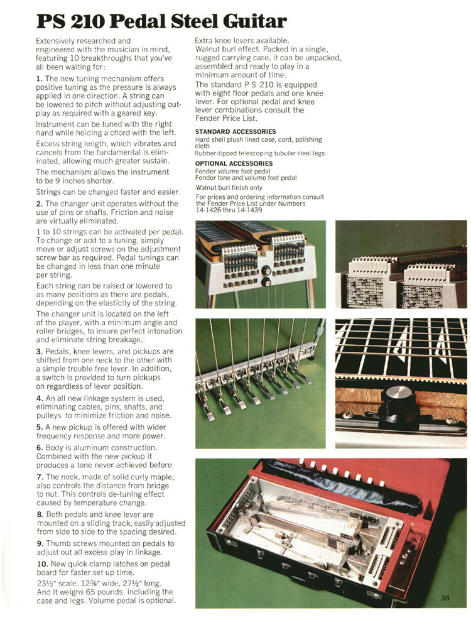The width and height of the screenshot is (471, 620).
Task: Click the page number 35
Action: [445, 597]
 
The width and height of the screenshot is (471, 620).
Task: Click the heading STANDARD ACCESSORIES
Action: [227, 131]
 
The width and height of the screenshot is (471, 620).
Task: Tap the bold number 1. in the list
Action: [39, 78]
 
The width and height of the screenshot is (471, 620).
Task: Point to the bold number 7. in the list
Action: [39, 477]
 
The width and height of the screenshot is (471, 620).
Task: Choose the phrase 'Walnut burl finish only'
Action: [229, 187]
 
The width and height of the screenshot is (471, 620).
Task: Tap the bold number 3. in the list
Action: [39, 351]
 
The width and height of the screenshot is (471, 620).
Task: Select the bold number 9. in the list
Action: [39, 543]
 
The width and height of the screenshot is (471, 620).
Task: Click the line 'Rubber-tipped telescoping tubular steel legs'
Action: [259, 153]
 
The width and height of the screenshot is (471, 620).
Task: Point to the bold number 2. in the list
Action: [39, 204]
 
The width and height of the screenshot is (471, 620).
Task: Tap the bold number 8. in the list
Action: [39, 514]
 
